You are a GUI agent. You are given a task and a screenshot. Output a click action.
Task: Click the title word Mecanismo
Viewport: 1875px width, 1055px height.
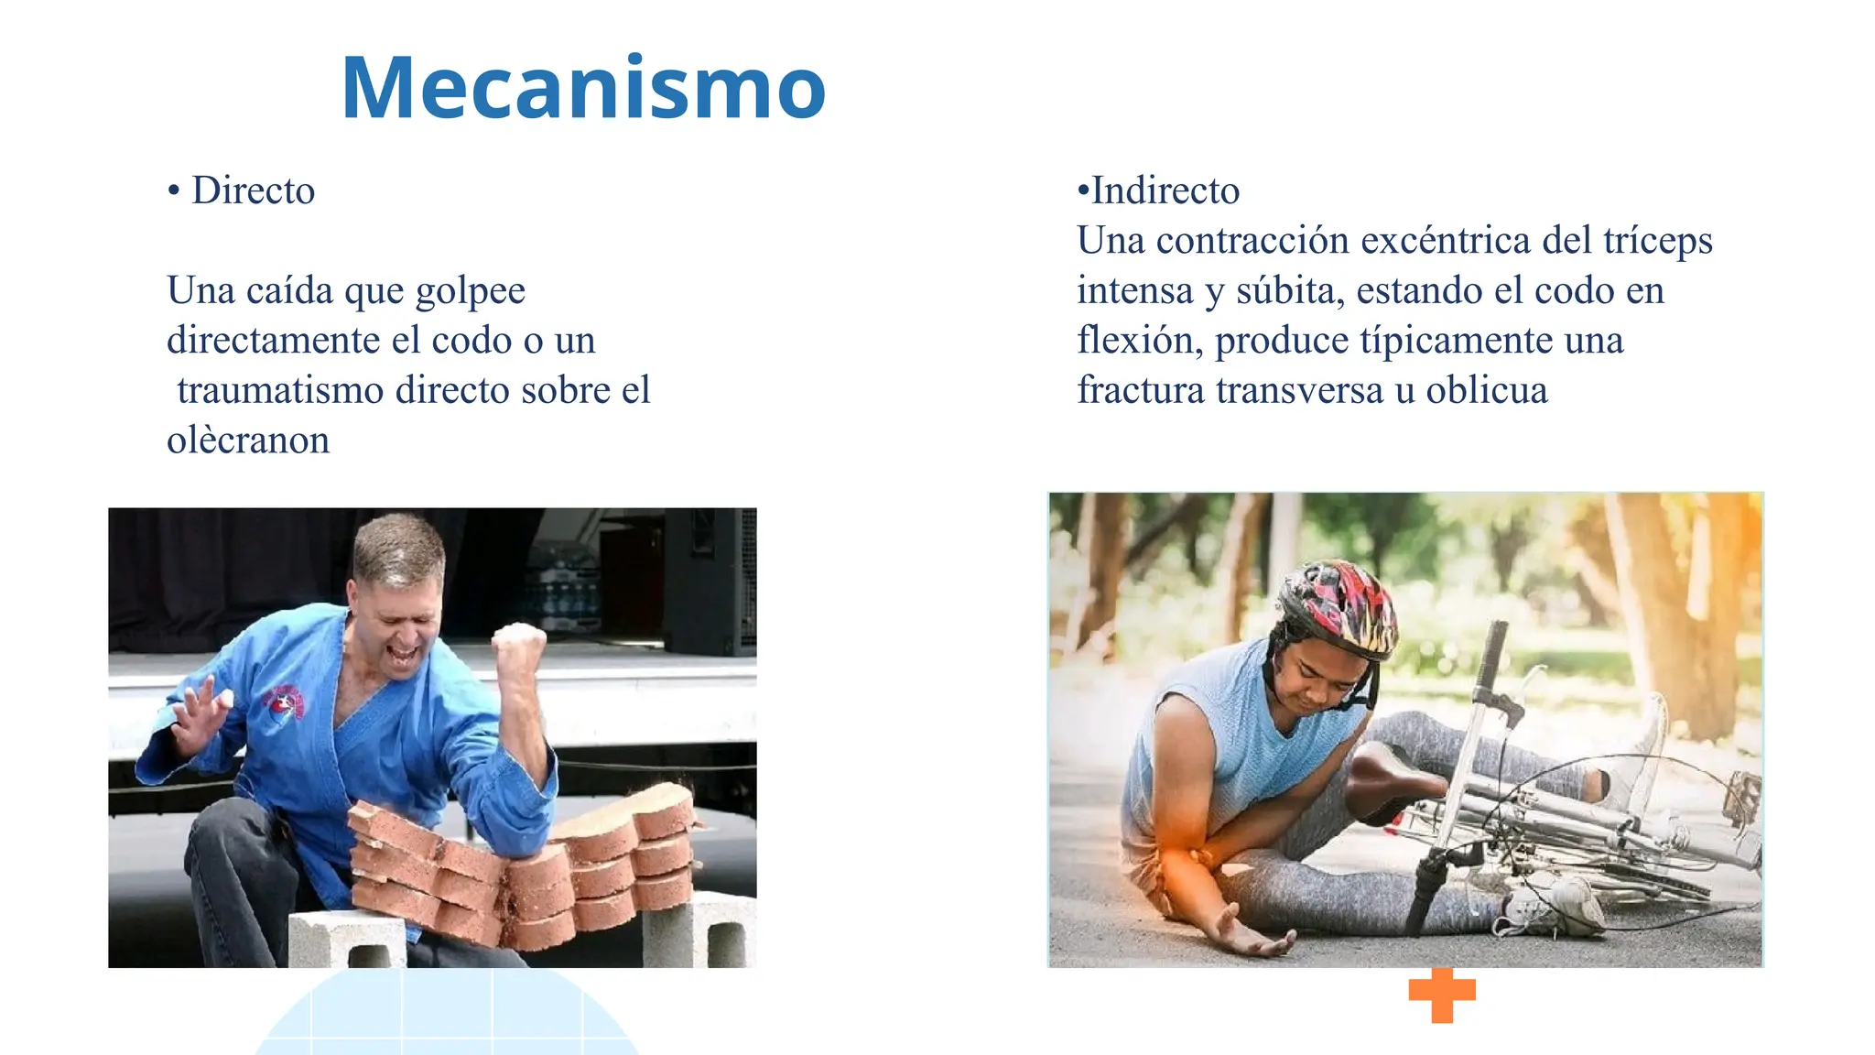pos(583,88)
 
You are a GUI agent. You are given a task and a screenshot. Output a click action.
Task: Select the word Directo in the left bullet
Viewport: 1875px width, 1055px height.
pos(253,190)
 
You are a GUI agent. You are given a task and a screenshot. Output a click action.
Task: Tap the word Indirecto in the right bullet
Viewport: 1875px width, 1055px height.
pos(1165,190)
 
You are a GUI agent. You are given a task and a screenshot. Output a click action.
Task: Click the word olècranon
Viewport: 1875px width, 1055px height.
pos(248,440)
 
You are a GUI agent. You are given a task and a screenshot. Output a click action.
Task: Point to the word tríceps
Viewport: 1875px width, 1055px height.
pos(1657,241)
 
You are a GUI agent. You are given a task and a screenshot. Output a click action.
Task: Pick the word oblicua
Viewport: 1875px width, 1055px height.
pos(1487,391)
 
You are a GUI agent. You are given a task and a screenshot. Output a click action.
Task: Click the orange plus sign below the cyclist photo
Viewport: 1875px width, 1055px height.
pos(1442,995)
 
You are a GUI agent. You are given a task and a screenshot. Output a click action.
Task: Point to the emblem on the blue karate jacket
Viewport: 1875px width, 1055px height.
pos(286,706)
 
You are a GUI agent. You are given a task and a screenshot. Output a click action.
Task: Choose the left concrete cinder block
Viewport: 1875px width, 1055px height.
pos(347,940)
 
